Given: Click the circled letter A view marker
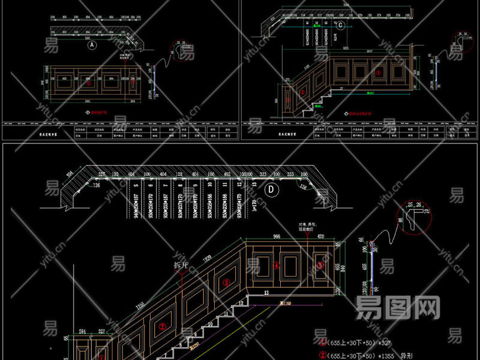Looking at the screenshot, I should [92, 45].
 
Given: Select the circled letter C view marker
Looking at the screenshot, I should [340, 25].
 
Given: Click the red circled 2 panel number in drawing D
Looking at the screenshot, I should [162, 328].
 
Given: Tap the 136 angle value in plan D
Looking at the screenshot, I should [97, 187].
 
